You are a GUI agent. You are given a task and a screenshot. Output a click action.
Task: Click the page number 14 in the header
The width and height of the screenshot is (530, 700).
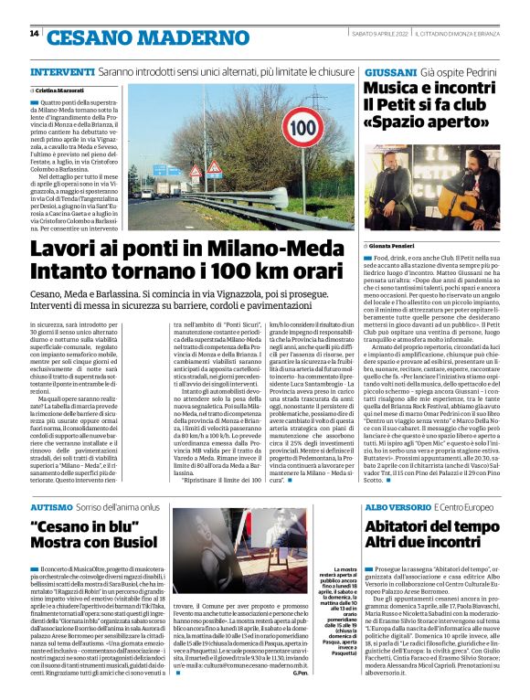[34, 34]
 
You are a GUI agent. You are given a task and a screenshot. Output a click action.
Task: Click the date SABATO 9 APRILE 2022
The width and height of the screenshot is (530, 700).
[378, 34]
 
